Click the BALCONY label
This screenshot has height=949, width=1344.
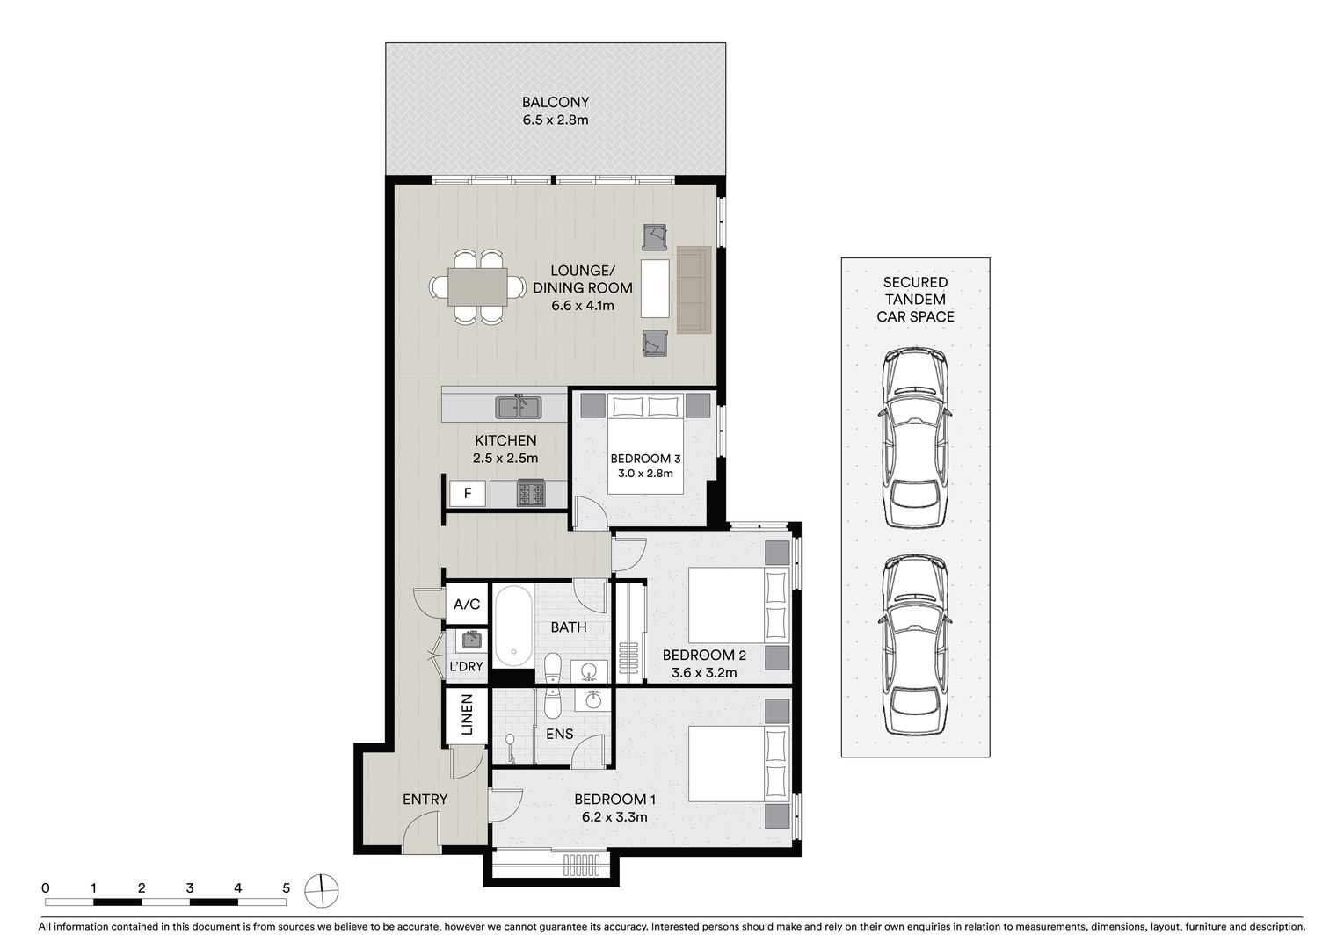click(555, 102)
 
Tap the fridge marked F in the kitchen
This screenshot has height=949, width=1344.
click(468, 494)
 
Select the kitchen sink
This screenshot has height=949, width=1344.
click(519, 408)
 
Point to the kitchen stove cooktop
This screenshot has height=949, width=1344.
click(532, 494)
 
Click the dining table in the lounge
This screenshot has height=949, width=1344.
click(477, 287)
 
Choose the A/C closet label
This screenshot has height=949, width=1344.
click(466, 604)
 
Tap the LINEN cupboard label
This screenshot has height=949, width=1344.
click(466, 714)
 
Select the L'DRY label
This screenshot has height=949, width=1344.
click(466, 666)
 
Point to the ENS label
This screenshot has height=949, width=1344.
click(559, 734)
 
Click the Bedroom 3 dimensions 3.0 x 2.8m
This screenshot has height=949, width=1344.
click(645, 474)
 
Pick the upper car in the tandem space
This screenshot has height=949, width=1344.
click(915, 438)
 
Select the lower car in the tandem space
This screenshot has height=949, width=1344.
click(915, 645)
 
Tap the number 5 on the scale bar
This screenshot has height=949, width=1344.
click(287, 887)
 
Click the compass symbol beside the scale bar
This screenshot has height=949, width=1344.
click(322, 891)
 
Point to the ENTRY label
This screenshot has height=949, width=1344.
click(425, 799)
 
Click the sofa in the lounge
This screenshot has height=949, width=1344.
click(694, 290)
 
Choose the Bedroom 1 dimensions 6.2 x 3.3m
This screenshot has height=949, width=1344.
click(614, 816)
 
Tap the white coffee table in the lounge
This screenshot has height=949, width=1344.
click(655, 288)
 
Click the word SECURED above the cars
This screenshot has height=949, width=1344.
click(915, 282)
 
